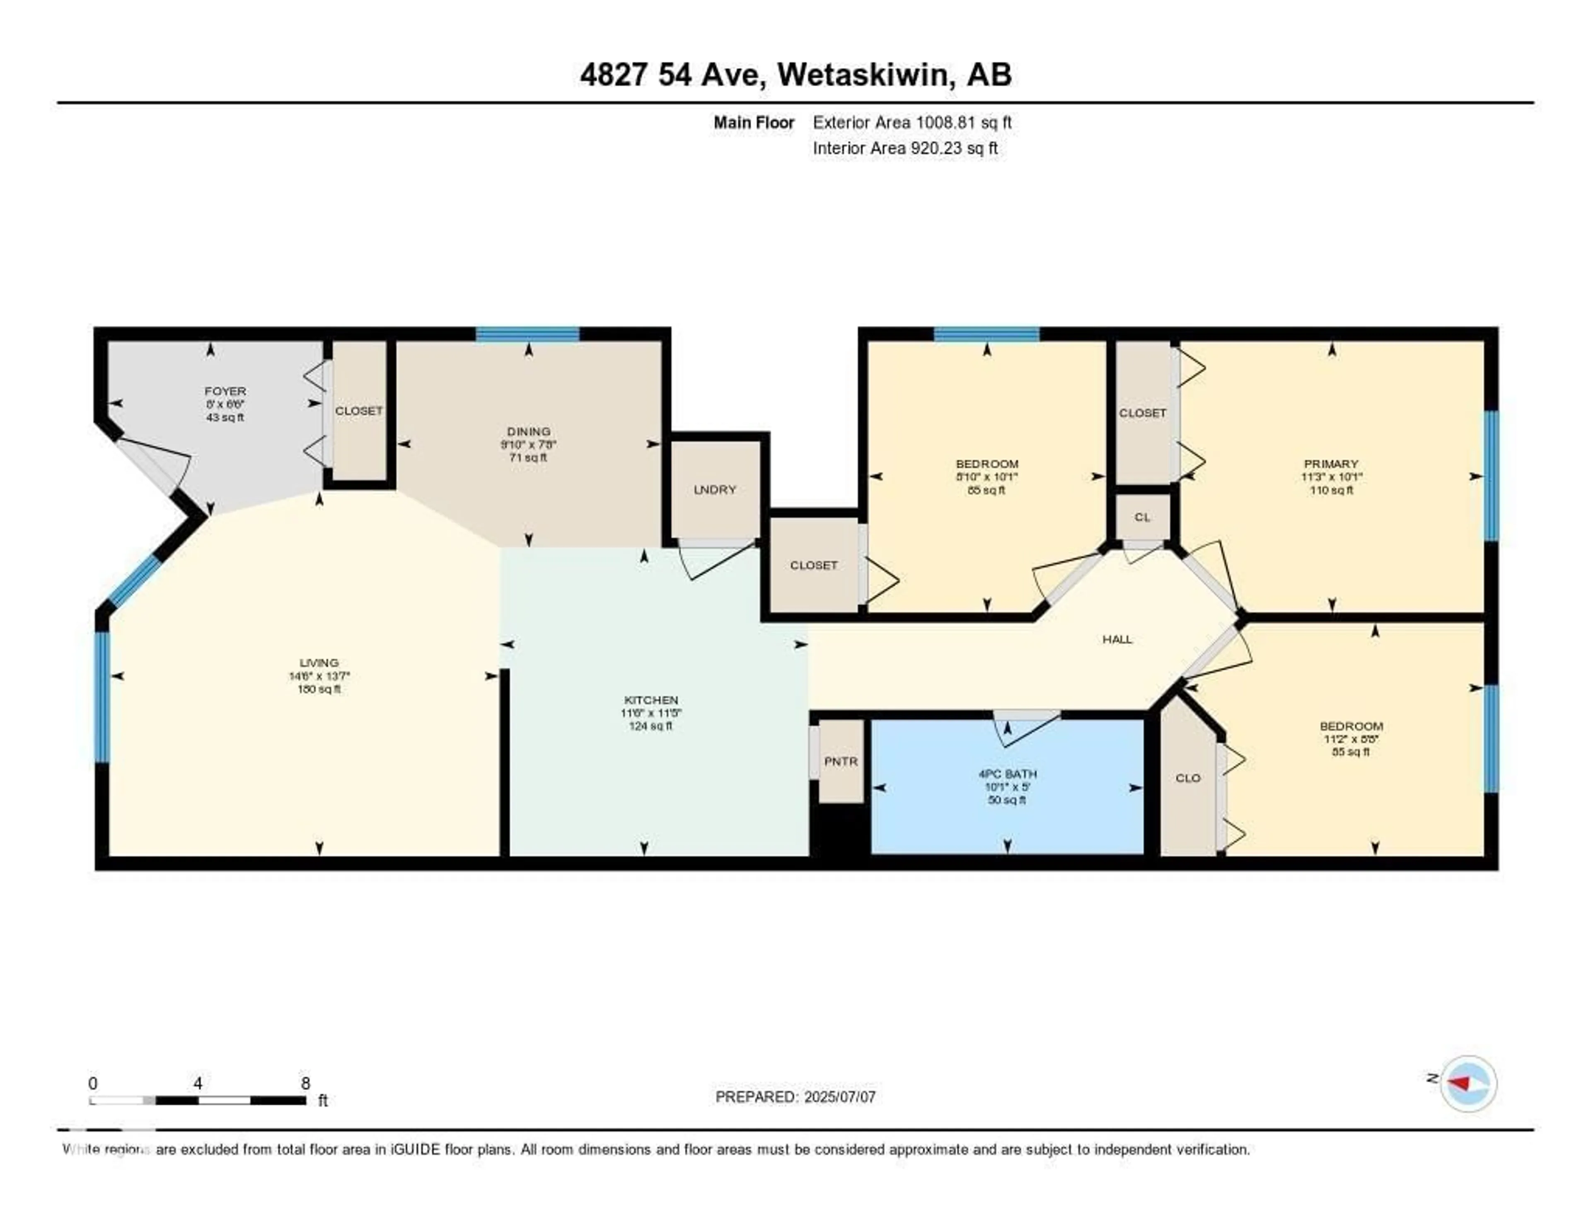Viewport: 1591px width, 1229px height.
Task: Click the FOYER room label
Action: pyautogui.click(x=225, y=391)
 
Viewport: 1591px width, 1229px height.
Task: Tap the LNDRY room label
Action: pyautogui.click(x=715, y=489)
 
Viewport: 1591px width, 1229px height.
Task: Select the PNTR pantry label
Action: pyautogui.click(x=841, y=761)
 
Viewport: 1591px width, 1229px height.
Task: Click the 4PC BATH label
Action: pyautogui.click(x=1008, y=774)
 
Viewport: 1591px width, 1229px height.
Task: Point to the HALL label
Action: pyautogui.click(x=1117, y=639)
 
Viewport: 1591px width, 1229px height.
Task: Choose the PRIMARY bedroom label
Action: pyautogui.click(x=1331, y=463)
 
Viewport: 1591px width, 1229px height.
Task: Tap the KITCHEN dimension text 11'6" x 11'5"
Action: pyautogui.click(x=650, y=713)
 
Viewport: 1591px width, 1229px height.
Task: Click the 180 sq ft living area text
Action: pyautogui.click(x=319, y=689)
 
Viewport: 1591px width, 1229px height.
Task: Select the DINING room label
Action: pyautogui.click(x=529, y=431)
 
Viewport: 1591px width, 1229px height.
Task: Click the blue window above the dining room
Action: pyautogui.click(x=527, y=334)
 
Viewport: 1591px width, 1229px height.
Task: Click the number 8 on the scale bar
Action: pyautogui.click(x=305, y=1083)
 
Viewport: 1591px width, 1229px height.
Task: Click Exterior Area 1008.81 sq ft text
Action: pyautogui.click(x=912, y=122)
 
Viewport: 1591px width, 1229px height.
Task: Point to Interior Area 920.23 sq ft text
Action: pyautogui.click(x=905, y=149)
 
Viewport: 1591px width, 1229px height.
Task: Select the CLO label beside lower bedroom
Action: pyautogui.click(x=1187, y=778)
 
